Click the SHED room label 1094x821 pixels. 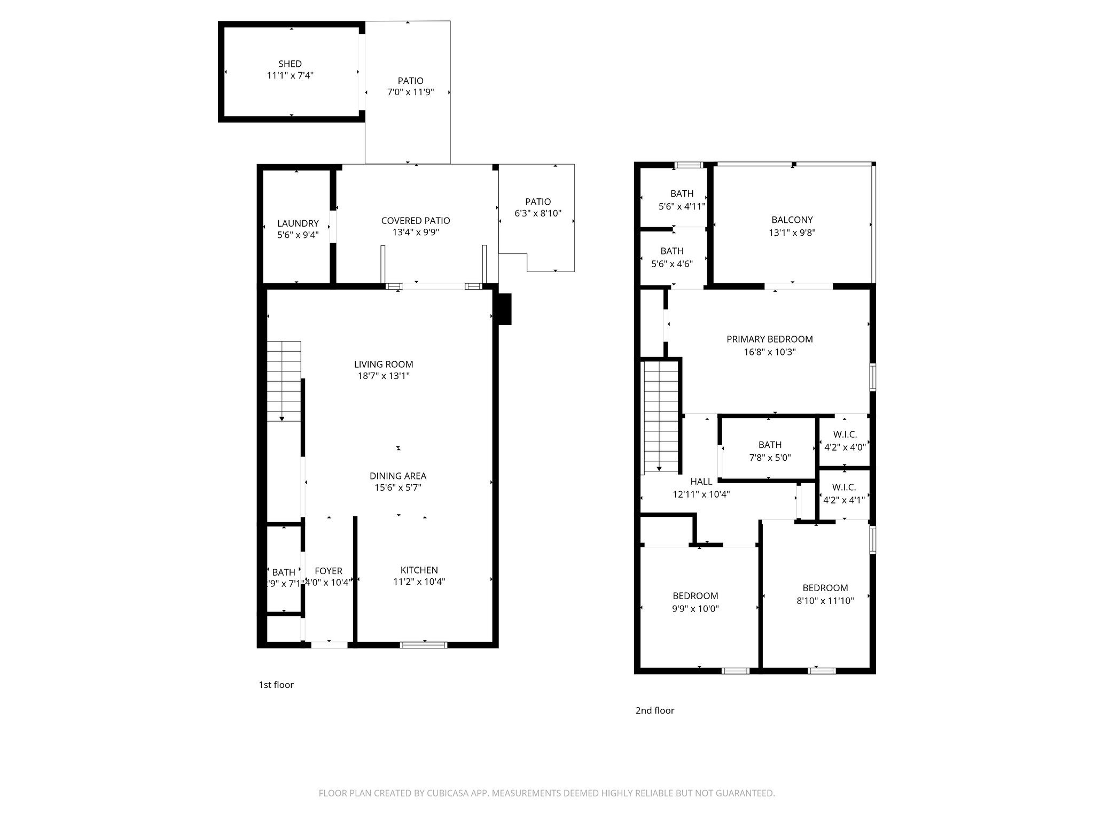[x=290, y=64]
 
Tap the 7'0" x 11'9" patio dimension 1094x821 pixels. [x=410, y=92]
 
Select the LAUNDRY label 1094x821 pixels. [x=298, y=223]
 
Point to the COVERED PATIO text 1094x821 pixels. [x=415, y=220]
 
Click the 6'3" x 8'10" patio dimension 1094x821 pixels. [x=537, y=213]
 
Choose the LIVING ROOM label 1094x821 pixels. [x=383, y=364]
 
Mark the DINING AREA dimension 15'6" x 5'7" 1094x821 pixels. [x=397, y=487]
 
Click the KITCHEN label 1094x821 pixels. [x=419, y=570]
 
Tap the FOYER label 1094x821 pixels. [x=328, y=571]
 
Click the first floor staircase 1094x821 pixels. [x=284, y=381]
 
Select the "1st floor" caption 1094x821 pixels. [x=276, y=685]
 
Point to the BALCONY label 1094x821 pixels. [x=792, y=220]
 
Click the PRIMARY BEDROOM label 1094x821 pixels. [x=769, y=339]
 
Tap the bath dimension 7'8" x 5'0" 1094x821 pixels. [x=769, y=458]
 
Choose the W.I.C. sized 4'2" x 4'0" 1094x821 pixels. [x=844, y=441]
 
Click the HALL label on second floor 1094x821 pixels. [x=701, y=482]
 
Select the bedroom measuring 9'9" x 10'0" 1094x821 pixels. [x=695, y=602]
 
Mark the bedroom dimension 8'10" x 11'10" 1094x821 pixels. [x=825, y=601]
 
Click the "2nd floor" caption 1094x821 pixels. [x=654, y=710]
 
